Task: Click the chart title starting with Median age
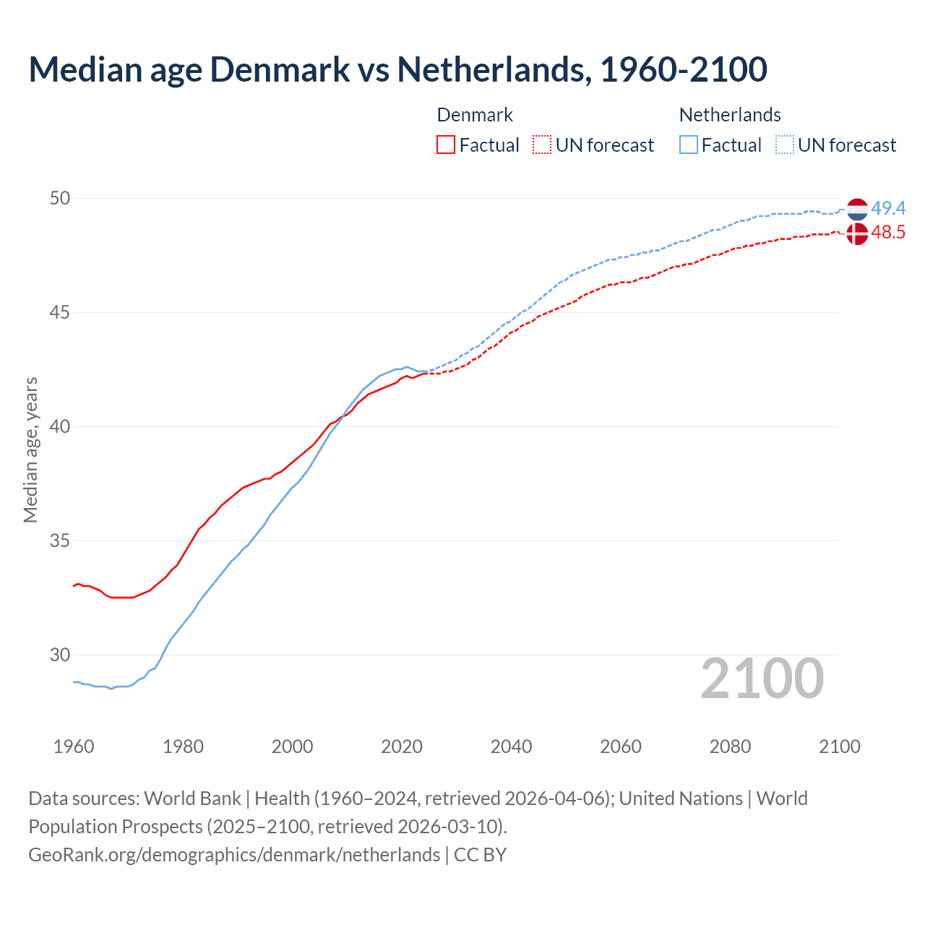coord(397,69)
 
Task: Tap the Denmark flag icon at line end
coord(857,233)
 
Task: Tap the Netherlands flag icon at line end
coord(857,210)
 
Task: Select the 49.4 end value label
coord(888,208)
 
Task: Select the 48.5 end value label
coord(888,232)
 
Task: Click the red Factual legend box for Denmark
coord(446,145)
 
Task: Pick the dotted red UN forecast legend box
coord(542,145)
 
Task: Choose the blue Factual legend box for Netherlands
coord(689,145)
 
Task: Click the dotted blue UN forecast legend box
coord(784,145)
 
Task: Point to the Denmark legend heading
coord(475,115)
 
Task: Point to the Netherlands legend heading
coord(730,115)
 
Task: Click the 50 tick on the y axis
coord(60,198)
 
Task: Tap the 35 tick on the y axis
coord(60,541)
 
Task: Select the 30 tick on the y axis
coord(60,655)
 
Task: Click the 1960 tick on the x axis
coord(74,747)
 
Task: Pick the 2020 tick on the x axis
coord(402,747)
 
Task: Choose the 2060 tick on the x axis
coord(621,747)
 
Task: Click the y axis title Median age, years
coord(30,449)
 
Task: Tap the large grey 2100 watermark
coord(762,679)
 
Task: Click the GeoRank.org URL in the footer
coord(234,855)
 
